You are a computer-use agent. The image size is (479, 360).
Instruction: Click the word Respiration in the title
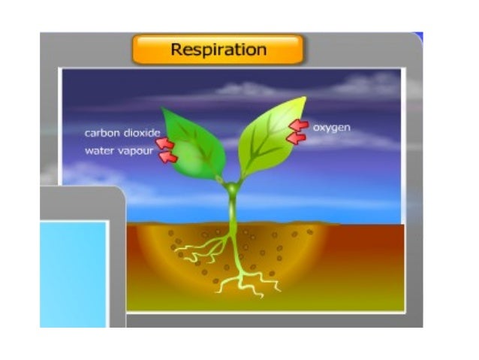coord(218,50)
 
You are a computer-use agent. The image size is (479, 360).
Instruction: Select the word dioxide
coord(143,134)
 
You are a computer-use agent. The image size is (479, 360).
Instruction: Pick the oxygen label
coord(331,128)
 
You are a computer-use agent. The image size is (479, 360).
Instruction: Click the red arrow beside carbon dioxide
coord(165,143)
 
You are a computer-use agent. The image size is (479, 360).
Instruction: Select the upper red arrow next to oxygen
coord(300,126)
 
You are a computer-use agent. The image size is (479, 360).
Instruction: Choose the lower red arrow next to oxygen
coord(297,138)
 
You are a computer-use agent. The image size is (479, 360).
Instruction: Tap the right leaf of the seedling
coord(270,135)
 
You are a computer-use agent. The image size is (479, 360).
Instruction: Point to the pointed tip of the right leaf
coord(305,98)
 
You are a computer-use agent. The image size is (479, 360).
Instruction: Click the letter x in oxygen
coord(321,128)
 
